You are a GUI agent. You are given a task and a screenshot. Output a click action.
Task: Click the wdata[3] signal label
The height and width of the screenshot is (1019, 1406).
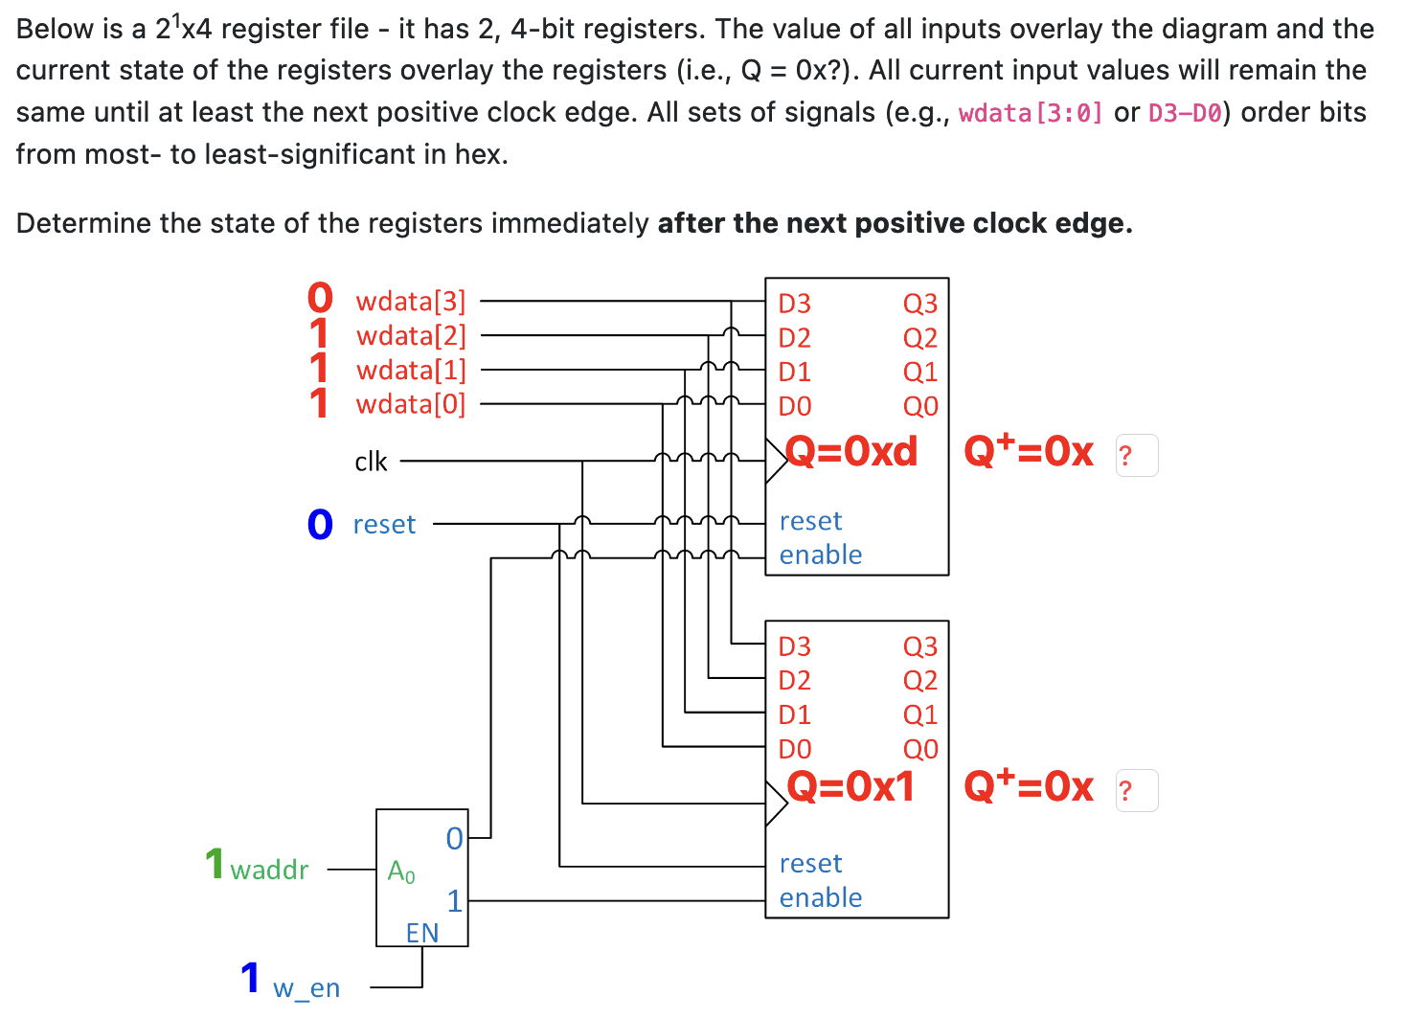(410, 302)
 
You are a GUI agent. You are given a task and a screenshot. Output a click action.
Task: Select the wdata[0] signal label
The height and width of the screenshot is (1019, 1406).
(410, 404)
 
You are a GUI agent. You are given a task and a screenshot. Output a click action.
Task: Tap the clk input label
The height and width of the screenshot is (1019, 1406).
(371, 462)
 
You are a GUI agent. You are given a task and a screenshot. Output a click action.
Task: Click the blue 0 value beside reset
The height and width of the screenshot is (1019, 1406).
(320, 525)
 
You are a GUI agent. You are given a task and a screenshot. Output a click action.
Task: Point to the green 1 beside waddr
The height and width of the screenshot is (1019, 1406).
(215, 864)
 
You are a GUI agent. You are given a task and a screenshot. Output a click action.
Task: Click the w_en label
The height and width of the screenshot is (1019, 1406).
(306, 988)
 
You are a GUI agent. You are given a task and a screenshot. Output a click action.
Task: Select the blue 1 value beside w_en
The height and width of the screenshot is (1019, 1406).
(251, 979)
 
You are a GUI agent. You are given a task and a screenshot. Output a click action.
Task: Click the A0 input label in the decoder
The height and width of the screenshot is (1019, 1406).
(401, 872)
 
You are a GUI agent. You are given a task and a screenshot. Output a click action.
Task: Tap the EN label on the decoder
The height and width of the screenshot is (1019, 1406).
(422, 933)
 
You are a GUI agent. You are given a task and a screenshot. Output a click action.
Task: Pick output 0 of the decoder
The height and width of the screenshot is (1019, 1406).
(454, 839)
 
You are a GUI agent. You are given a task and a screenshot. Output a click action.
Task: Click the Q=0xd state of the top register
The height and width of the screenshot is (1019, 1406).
(851, 451)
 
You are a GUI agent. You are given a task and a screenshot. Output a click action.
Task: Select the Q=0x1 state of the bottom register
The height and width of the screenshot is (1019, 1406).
(850, 786)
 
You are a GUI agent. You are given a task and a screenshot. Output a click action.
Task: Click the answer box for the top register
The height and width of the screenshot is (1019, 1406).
(1137, 455)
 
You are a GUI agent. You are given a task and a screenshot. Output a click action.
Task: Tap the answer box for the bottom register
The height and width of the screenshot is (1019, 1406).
(1137, 791)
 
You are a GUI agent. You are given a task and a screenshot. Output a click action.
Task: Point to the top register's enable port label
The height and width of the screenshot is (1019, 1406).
(821, 555)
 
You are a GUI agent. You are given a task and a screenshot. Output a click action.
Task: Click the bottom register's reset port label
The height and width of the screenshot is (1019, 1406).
(810, 864)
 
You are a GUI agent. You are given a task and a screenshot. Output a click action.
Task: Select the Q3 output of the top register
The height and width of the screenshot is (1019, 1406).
(919, 304)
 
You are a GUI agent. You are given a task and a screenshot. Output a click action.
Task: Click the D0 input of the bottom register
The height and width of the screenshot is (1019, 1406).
(794, 749)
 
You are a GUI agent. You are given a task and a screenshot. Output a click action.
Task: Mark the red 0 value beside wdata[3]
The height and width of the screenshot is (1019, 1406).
(320, 298)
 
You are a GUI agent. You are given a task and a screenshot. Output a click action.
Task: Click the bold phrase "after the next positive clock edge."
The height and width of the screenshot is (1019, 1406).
(895, 223)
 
